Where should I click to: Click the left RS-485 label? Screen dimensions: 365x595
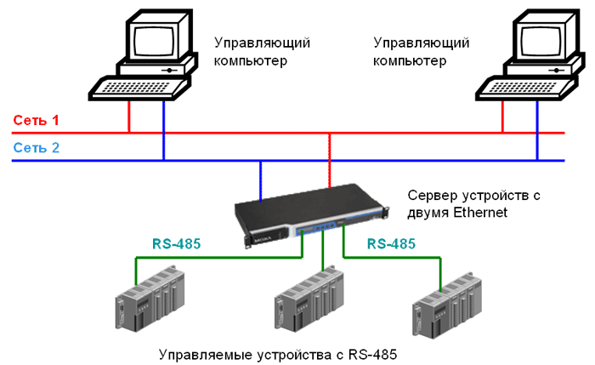coord(177,244)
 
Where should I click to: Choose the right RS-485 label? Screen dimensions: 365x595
coord(392,243)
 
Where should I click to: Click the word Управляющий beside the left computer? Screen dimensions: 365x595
coord(261,43)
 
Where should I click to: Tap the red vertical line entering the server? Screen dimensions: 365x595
coord(329,161)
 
